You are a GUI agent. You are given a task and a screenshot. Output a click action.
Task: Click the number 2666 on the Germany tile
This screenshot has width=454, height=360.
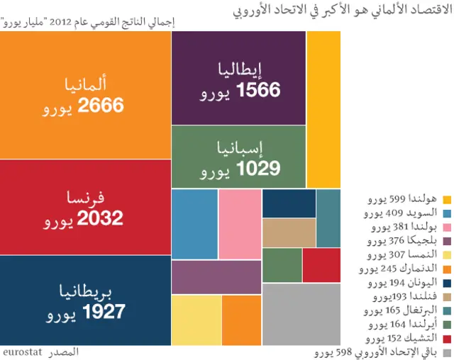coord(101,106)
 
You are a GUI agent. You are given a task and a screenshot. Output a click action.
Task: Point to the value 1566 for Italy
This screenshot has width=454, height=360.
coord(258,89)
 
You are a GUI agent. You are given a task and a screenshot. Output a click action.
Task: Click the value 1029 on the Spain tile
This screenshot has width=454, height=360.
coord(258,168)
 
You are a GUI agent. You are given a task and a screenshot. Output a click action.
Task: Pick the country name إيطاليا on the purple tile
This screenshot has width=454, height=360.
coord(240,69)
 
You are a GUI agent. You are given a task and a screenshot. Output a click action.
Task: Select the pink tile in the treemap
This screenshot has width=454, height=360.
coord(240,224)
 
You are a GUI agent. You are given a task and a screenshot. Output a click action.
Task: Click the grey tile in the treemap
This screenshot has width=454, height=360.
coord(301,313)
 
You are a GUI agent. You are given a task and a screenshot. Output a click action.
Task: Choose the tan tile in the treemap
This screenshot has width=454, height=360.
coord(289,232)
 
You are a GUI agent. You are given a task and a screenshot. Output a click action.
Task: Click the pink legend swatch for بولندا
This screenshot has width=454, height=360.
coord(447,227)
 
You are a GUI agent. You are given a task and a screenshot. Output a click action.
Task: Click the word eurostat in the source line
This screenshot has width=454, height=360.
coord(23,351)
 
